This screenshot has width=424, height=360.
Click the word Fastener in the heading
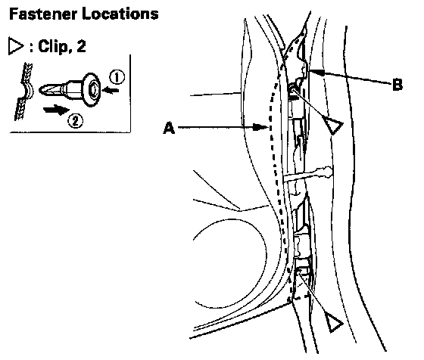click(43, 14)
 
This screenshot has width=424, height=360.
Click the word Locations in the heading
click(120, 14)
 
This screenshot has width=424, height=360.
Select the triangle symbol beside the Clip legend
click(16, 46)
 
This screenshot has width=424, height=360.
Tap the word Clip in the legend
click(53, 46)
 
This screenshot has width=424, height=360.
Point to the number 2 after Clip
click(81, 46)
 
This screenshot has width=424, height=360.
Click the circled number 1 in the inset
click(117, 77)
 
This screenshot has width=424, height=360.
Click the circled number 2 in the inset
click(75, 121)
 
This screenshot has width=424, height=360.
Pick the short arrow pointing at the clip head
click(111, 90)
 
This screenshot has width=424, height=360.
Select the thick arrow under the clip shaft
click(57, 110)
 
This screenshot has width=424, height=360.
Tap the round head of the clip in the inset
click(92, 90)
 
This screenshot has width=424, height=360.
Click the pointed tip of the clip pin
click(41, 90)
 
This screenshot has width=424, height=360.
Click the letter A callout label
click(169, 128)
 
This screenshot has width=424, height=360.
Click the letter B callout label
click(397, 84)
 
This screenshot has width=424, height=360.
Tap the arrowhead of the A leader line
click(260, 126)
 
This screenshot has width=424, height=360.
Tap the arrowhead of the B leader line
click(317, 72)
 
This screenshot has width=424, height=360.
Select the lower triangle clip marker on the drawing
click(334, 322)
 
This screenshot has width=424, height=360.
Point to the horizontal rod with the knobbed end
click(307, 175)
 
